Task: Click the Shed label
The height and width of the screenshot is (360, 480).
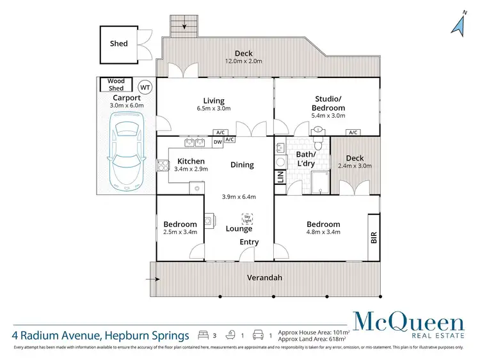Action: pos(118,44)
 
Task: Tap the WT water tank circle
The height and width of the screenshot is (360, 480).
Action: pos(145,86)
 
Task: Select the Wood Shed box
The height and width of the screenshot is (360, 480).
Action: pos(116,84)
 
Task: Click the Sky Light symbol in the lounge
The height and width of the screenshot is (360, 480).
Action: pos(247,218)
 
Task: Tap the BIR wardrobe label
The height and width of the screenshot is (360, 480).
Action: pos(373,237)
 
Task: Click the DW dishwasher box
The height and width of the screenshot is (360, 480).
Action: pos(218,142)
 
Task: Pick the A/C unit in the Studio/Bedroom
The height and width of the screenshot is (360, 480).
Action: pos(352,132)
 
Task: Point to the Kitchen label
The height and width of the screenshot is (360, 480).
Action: pos(191,161)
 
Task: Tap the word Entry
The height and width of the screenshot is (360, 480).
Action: pos(249,242)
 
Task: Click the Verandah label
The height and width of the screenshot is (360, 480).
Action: pos(266,278)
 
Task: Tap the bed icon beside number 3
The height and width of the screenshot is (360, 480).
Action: pos(203,334)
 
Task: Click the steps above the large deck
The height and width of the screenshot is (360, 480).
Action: pos(184,26)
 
